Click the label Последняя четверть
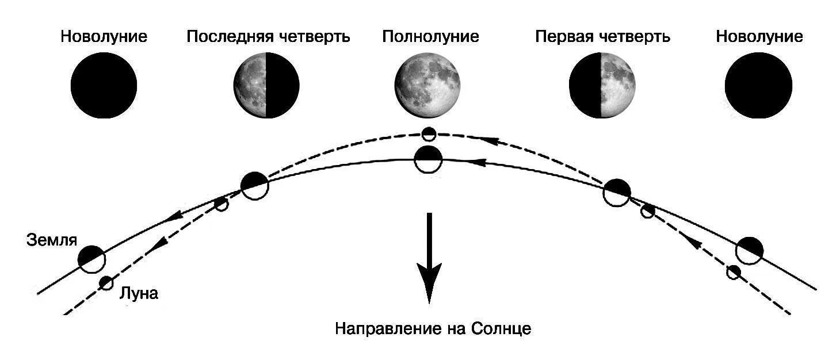(268, 37)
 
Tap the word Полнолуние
(430, 37)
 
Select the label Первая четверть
(602, 37)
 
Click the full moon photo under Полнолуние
(427, 85)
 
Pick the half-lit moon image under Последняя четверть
(266, 85)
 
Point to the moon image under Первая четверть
(602, 85)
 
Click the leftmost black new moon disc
(104, 85)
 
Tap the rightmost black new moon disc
(758, 85)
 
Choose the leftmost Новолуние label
(104, 37)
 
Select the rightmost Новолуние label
(759, 37)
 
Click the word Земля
(52, 240)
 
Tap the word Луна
(138, 294)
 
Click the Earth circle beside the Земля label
(92, 259)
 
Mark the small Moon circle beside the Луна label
(106, 283)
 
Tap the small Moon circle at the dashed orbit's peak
(429, 134)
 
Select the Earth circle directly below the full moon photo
(429, 159)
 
